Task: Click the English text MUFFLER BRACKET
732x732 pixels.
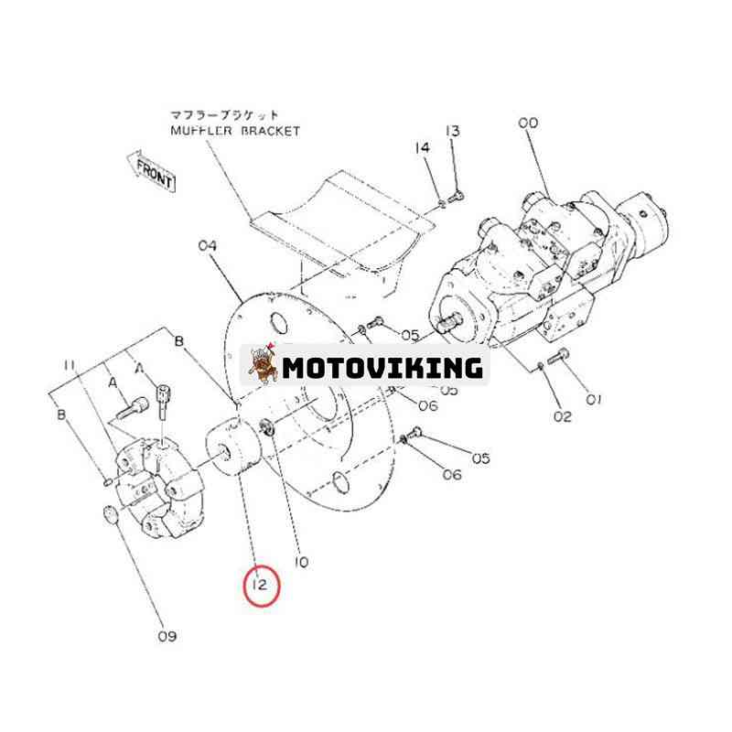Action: (x=235, y=131)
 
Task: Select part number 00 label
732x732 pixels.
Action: (x=528, y=124)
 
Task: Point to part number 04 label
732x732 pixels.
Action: (x=208, y=245)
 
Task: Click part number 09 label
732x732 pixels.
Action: (x=167, y=636)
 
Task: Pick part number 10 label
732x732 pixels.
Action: (x=302, y=562)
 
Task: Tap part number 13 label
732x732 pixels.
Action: (x=453, y=131)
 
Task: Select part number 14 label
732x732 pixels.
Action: (x=422, y=148)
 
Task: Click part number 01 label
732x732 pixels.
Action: (x=593, y=400)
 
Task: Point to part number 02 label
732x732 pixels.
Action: (x=563, y=416)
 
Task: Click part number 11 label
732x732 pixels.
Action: (x=70, y=365)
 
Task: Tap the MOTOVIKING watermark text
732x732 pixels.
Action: (x=382, y=368)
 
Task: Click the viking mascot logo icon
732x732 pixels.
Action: (x=263, y=364)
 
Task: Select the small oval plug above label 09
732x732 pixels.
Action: (x=110, y=514)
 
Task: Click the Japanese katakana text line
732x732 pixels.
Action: (x=223, y=115)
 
